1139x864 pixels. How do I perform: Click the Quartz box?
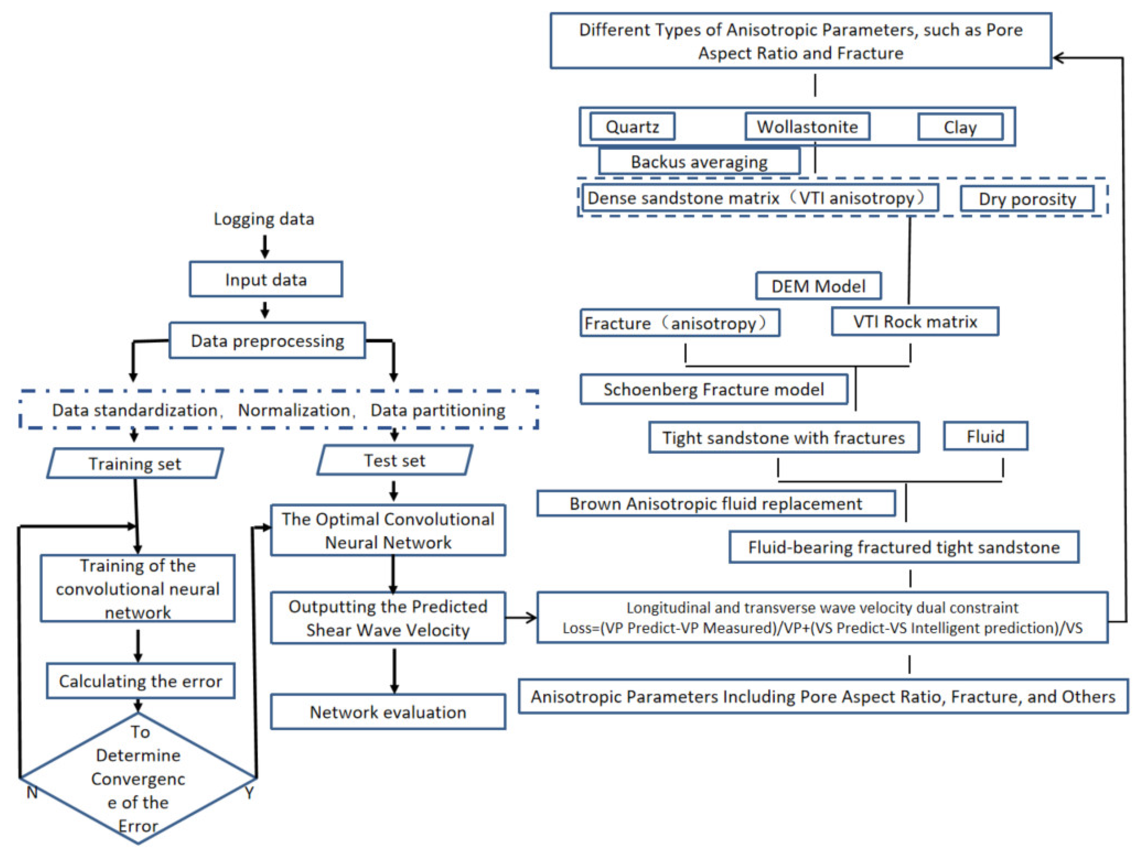[x=632, y=127]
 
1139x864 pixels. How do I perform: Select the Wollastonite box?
[x=807, y=127]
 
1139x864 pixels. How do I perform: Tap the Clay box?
[x=960, y=127]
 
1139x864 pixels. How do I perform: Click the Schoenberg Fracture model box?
[x=713, y=390]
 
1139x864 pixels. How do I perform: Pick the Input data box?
[x=266, y=280]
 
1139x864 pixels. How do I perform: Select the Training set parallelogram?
[x=135, y=464]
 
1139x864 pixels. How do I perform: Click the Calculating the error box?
[x=140, y=681]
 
